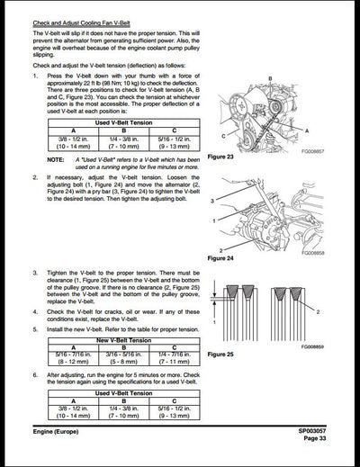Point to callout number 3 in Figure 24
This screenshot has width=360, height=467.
tap(212, 202)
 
